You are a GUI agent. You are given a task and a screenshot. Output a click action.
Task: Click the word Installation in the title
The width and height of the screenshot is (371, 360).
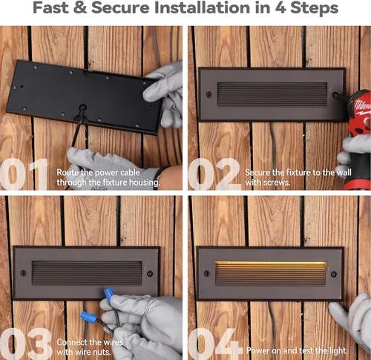[202, 8]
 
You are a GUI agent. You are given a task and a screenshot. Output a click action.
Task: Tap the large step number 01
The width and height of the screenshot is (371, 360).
[24, 174]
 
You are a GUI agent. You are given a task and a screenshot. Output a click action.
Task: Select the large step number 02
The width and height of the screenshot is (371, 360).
[214, 174]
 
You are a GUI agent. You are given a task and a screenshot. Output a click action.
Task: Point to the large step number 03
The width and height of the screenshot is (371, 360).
[26, 344]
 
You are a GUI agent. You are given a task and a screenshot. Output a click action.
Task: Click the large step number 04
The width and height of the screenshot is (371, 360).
[214, 344]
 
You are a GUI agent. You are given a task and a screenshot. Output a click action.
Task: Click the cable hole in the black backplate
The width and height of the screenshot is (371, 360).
[82, 108]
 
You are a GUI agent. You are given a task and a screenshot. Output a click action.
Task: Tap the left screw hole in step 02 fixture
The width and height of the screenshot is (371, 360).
[209, 94]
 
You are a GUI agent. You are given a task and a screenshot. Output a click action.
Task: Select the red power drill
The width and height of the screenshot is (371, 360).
[358, 139]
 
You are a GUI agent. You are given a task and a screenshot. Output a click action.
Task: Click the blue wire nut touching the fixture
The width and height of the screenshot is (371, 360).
[109, 294]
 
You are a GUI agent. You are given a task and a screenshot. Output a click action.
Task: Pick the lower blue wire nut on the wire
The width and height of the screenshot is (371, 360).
[88, 317]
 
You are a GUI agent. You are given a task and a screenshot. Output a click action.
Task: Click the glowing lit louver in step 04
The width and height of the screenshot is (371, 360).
[271, 272]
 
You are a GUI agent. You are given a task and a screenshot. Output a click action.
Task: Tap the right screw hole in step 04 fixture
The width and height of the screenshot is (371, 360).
[334, 274]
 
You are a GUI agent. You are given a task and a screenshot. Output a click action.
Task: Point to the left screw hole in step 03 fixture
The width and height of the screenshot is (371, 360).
[24, 273]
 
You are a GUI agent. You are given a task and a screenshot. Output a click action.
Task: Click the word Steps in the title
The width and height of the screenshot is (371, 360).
[314, 8]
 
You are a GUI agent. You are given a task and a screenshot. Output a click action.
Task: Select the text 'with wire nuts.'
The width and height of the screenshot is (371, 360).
[84, 352]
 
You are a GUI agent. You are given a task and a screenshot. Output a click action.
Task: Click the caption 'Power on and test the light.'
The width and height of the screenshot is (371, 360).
[297, 350]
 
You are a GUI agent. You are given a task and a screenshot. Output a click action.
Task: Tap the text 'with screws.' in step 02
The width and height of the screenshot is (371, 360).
[267, 183]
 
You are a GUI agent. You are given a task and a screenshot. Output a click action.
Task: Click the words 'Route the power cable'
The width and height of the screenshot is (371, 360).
[98, 172]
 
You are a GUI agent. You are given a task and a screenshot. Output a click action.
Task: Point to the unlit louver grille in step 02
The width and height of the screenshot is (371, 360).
[272, 95]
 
